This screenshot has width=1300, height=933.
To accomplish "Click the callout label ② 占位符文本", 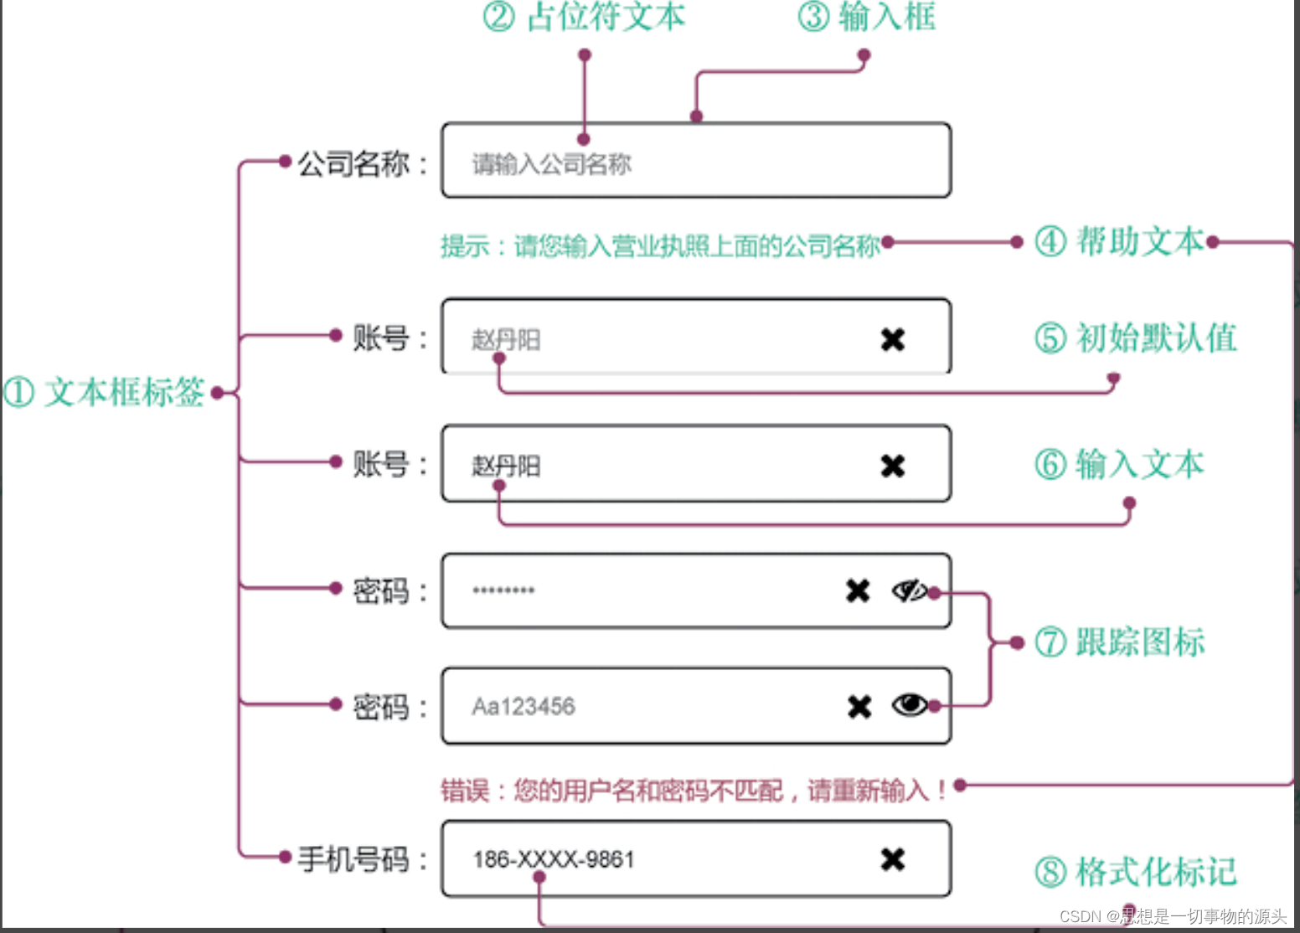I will pyautogui.click(x=585, y=17).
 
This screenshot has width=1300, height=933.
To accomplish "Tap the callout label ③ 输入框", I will pyautogui.click(x=866, y=17).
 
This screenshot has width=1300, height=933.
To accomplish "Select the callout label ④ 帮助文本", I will pyautogui.click(x=1119, y=242).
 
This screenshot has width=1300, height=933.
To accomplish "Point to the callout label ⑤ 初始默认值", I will pyautogui.click(x=1135, y=338).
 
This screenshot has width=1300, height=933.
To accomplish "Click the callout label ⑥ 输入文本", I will pyautogui.click(x=1119, y=464).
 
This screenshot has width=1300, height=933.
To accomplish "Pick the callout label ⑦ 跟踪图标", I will pyautogui.click(x=1119, y=642).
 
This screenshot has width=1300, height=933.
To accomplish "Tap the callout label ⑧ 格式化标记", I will pyautogui.click(x=1135, y=872).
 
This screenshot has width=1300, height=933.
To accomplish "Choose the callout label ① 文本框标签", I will pyautogui.click(x=104, y=392).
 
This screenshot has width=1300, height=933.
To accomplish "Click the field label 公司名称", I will pyautogui.click(x=354, y=163).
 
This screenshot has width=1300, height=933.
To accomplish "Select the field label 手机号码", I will pyautogui.click(x=354, y=859).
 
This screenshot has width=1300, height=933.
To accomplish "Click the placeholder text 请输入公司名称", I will pyautogui.click(x=551, y=164).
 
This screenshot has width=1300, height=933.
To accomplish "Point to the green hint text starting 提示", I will pyautogui.click(x=660, y=246).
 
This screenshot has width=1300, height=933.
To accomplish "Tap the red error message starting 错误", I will pyautogui.click(x=694, y=790).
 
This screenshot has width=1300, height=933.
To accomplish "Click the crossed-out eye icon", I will pyautogui.click(x=910, y=591).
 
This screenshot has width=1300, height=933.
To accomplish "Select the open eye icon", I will pyautogui.click(x=910, y=705).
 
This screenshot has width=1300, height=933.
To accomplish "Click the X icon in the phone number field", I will pyautogui.click(x=893, y=859).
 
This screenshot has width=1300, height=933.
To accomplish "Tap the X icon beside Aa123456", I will pyautogui.click(x=859, y=707).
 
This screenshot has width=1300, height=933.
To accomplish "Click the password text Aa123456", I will pyautogui.click(x=524, y=707).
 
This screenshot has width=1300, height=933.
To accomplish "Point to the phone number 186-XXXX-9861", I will pyautogui.click(x=554, y=859).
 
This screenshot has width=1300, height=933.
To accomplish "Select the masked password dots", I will pyautogui.click(x=503, y=590).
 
